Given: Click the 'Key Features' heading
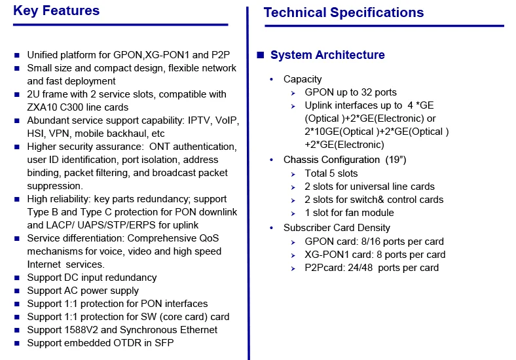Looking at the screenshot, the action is pyautogui.click(x=56, y=10).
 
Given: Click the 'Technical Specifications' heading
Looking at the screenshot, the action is pyautogui.click(x=344, y=12).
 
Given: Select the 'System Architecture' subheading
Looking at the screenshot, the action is pyautogui.click(x=327, y=54).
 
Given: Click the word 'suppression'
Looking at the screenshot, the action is pyautogui.click(x=55, y=186).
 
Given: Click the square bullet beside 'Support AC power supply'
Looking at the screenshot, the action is pyautogui.click(x=17, y=291).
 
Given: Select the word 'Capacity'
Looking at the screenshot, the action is pyautogui.click(x=303, y=79).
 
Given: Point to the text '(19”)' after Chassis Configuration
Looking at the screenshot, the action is pyautogui.click(x=396, y=160).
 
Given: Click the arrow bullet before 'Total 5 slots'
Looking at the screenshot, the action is pyautogui.click(x=293, y=174).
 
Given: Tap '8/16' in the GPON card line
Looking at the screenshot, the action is pyautogui.click(x=371, y=242).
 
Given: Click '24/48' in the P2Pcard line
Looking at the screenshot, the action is pyautogui.click(x=360, y=268).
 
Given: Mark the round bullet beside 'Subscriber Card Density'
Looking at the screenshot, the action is pyautogui.click(x=272, y=228).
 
